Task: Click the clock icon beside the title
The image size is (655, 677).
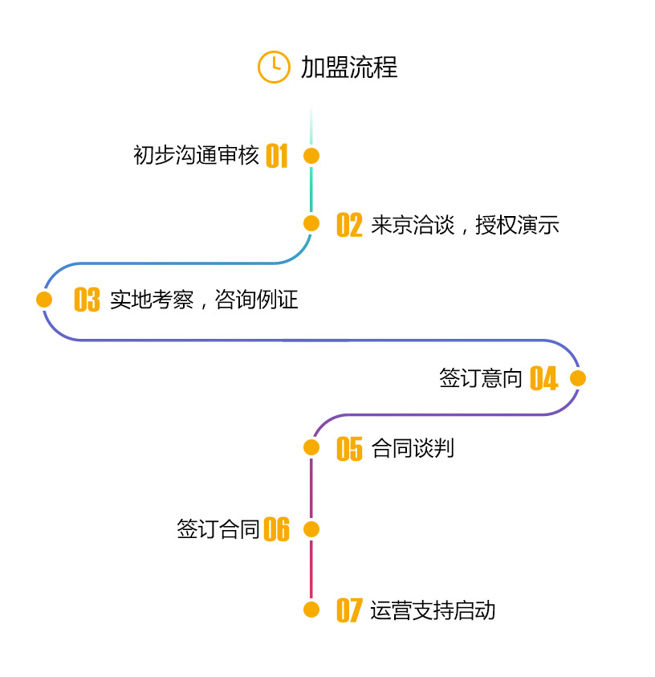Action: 274,66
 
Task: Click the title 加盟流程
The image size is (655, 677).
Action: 349,67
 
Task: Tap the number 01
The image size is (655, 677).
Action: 276,156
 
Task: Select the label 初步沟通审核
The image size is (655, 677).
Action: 196,155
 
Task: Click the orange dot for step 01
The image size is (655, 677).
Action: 311,156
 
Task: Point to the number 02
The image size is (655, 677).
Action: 349,225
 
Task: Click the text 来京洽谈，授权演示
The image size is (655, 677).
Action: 465,225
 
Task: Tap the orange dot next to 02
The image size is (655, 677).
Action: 311,223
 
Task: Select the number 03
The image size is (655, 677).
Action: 87,300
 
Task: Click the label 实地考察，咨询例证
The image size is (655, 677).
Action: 204,300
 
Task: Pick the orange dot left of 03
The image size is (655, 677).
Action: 45,300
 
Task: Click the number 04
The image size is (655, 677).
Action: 543,378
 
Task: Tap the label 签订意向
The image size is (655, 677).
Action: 481,378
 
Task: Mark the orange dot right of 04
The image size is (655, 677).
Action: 578,378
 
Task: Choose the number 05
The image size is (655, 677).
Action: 349,449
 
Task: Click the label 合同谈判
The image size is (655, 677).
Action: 413,448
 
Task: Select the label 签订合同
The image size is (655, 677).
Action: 218,529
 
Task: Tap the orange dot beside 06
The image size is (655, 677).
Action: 311,529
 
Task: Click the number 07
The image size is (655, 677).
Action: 349,610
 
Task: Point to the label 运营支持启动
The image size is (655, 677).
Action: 433,610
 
